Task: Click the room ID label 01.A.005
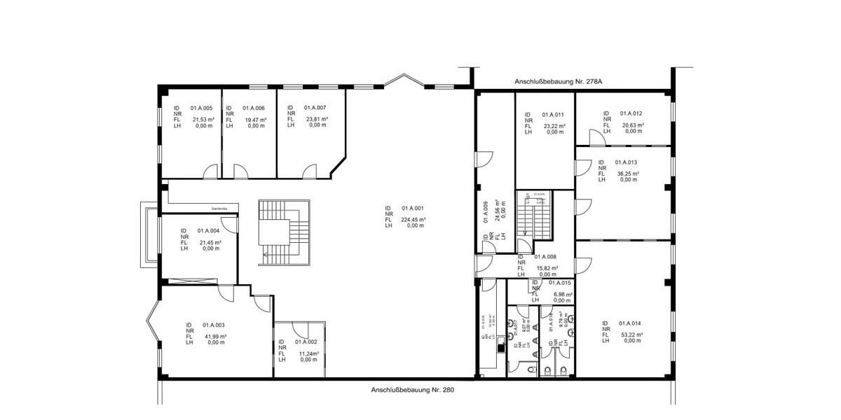tap(201, 108)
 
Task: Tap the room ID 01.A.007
tap(315, 108)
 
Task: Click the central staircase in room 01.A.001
tap(284, 232)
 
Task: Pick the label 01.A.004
tap(208, 231)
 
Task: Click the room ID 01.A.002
tap(306, 342)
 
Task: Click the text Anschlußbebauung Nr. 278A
tap(559, 82)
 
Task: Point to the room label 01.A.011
tap(553, 114)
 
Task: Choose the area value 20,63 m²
tap(633, 125)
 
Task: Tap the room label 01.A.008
tap(545, 257)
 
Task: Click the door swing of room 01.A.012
tap(596, 139)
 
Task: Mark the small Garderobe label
tap(220, 208)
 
